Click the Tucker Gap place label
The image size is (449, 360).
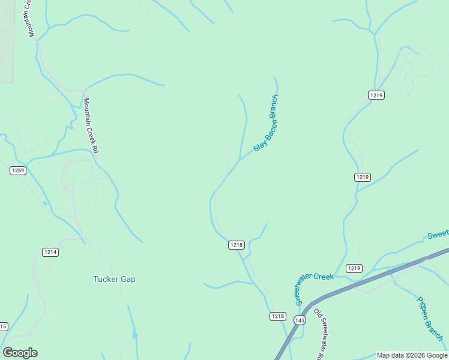click(114, 279)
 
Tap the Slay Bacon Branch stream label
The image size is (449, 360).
click(266, 123)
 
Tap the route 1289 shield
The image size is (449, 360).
click(18, 171)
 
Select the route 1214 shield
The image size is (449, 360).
click(50, 252)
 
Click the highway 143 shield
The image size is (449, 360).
click(300, 320)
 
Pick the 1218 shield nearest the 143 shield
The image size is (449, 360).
click(277, 316)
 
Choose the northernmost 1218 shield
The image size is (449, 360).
click(237, 245)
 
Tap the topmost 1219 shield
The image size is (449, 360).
click(376, 95)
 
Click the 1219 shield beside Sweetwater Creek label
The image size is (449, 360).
click(354, 268)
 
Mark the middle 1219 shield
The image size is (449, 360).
click(362, 177)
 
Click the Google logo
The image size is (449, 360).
click(20, 353)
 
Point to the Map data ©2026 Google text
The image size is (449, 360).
click(412, 355)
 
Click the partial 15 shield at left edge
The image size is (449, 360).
click(3, 326)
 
